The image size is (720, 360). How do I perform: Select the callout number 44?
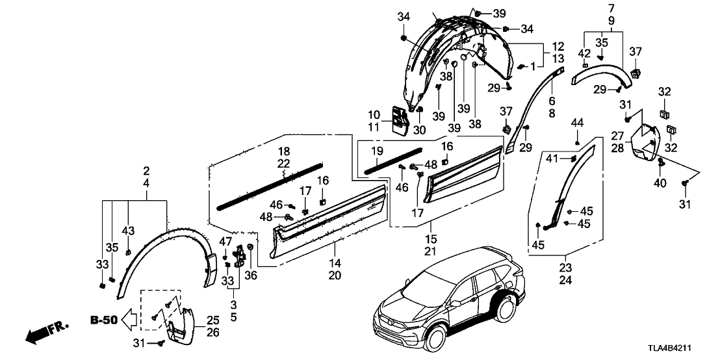pyautogui.click(x=577, y=123)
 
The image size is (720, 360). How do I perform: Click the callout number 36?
pyautogui.click(x=251, y=275)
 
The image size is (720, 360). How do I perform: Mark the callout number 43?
pyautogui.click(x=129, y=231)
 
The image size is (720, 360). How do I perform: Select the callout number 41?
pyautogui.click(x=551, y=159)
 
